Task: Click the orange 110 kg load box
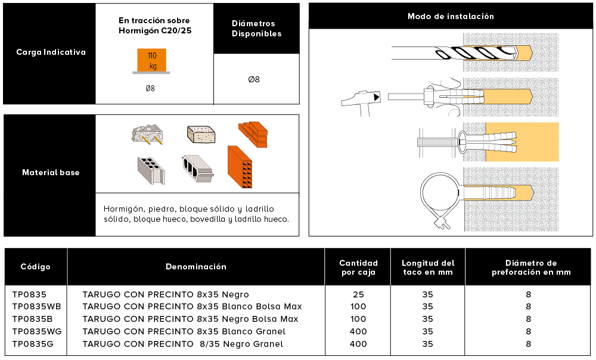(152, 60)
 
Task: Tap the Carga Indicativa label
(51, 52)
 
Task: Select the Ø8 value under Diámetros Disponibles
(254, 79)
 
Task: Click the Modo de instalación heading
(451, 16)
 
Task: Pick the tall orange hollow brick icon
(241, 169)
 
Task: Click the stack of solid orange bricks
(253, 134)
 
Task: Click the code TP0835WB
(36, 306)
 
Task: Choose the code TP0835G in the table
(33, 344)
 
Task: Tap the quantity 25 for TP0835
(358, 294)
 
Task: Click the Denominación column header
(196, 266)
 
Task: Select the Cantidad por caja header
(358, 267)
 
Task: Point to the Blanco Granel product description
(184, 331)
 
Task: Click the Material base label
(51, 173)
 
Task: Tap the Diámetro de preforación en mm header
(530, 267)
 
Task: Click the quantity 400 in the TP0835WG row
(358, 331)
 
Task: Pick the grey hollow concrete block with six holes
(149, 170)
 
